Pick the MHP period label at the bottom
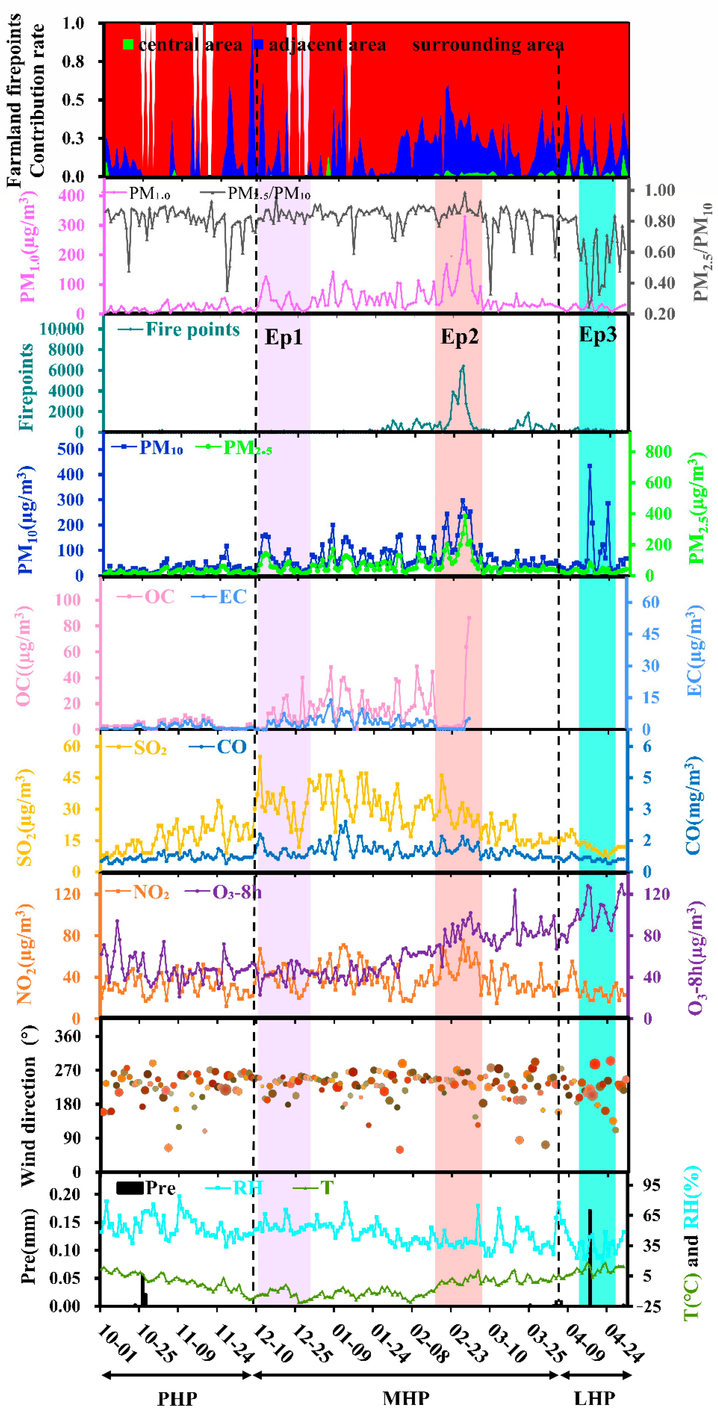coord(406,1397)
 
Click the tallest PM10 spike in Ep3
coord(589,466)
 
